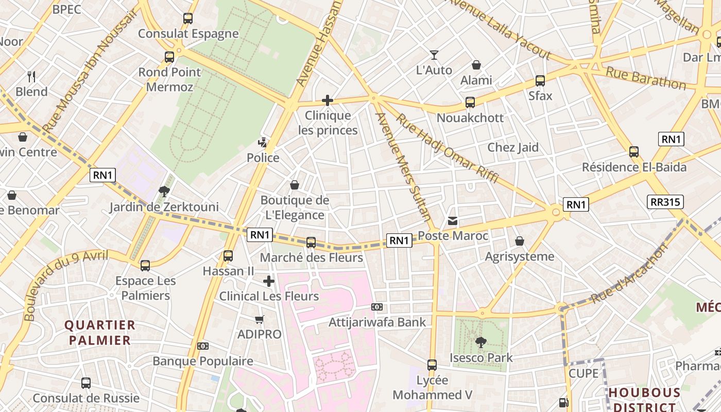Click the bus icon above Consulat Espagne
[x=188, y=19]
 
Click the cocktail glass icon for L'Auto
[x=434, y=55]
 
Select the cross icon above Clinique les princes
[x=328, y=100]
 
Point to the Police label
[x=263, y=158]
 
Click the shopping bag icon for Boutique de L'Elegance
[x=295, y=184]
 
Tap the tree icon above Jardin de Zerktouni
[x=164, y=192]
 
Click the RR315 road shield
[x=665, y=202]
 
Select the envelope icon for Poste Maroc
[x=453, y=221]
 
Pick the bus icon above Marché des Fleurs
[x=311, y=243]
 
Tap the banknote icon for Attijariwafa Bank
[x=377, y=307]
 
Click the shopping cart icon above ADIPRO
[x=260, y=319]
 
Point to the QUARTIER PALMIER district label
[x=100, y=333]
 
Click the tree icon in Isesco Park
[x=481, y=342]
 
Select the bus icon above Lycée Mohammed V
[x=432, y=365]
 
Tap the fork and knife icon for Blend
[x=31, y=77]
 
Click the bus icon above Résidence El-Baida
[x=634, y=152]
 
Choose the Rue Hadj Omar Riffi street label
[x=447, y=148]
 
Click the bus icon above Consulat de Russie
[x=86, y=383]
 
